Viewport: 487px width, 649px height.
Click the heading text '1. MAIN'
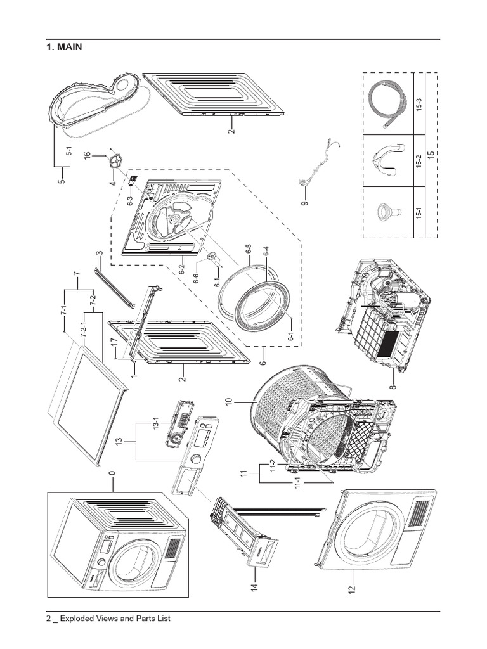click(64, 48)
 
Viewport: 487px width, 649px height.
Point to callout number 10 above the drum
click(228, 402)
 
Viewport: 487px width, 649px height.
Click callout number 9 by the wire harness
click(304, 203)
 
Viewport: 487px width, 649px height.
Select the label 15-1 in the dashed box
click(419, 214)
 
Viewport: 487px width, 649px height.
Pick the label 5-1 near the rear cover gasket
click(70, 152)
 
